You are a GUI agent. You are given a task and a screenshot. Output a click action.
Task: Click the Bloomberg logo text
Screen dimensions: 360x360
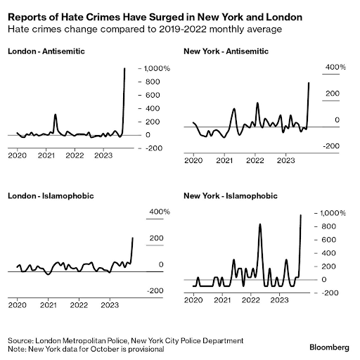pyautogui.click(x=329, y=347)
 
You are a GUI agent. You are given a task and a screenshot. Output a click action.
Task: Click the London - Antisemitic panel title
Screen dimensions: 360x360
pyautogui.click(x=46, y=51)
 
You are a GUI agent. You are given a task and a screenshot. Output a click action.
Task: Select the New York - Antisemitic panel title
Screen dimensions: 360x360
pyautogui.click(x=226, y=51)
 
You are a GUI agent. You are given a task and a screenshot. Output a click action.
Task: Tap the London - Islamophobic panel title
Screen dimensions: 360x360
pyautogui.click(x=51, y=196)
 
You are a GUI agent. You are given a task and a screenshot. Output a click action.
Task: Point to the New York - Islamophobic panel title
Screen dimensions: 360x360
pyautogui.click(x=231, y=196)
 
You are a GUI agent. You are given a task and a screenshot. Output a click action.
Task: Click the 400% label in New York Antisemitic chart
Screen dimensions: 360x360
pyautogui.click(x=335, y=67)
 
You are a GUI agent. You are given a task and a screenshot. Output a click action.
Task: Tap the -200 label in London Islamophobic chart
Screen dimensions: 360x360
pyautogui.click(x=155, y=290)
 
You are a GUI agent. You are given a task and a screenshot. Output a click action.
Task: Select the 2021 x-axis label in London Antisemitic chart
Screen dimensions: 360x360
pyautogui.click(x=46, y=155)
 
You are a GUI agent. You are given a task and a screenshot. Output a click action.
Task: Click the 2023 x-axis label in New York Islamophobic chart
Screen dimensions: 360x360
pyautogui.click(x=279, y=300)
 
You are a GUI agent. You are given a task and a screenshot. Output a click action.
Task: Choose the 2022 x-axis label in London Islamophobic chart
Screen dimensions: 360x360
pyautogui.click(x=79, y=305)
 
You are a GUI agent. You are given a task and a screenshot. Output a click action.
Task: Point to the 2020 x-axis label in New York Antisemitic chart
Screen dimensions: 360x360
pyautogui.click(x=193, y=160)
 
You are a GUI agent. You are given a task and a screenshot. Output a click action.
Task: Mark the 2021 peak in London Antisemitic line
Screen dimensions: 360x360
pyautogui.click(x=56, y=115)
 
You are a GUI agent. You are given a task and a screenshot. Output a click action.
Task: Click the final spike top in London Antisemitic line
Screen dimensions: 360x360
pyautogui.click(x=124, y=68)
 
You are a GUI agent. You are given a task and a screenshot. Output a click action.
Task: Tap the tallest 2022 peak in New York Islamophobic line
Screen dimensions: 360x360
pyautogui.click(x=260, y=224)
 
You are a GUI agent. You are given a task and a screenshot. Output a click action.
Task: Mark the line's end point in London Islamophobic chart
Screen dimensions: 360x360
pyautogui.click(x=133, y=238)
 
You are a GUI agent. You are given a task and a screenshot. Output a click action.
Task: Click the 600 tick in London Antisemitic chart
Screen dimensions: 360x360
pyautogui.click(x=153, y=95)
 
